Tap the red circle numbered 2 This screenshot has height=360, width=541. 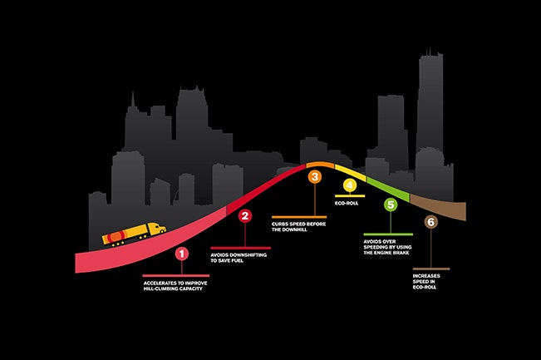(x=245, y=216)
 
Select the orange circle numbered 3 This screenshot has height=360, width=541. (x=315, y=176)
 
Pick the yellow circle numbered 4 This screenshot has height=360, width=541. (x=350, y=185)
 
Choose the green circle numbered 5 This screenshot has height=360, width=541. (x=390, y=205)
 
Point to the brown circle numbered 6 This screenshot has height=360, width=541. (x=430, y=222)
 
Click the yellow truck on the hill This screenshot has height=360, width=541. (x=134, y=234)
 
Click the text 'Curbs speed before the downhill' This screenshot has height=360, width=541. (x=296, y=226)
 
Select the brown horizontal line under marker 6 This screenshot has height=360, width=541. (x=431, y=269)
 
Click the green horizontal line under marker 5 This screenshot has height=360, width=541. (x=388, y=234)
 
